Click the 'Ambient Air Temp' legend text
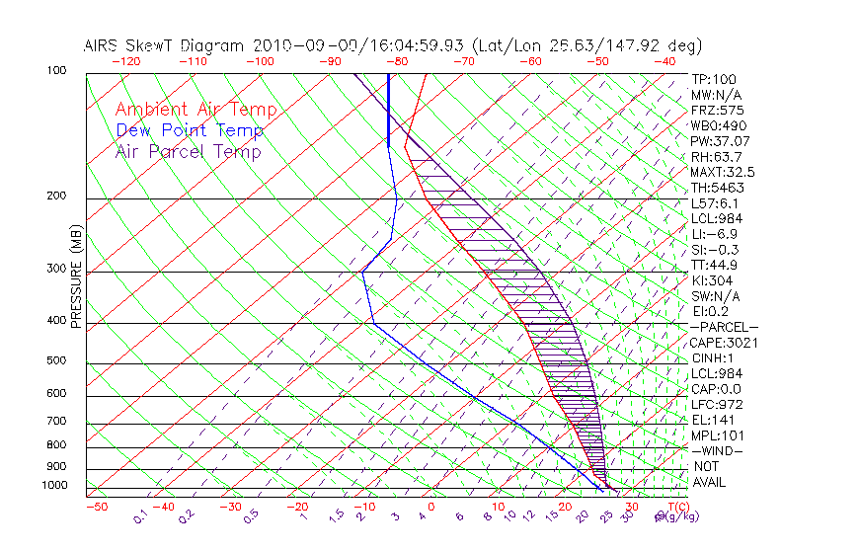point(195,110)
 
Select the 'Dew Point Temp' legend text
point(190,130)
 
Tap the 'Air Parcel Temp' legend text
point(189,151)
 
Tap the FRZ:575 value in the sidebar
point(717,110)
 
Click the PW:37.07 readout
point(720,141)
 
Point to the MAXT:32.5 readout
point(723,172)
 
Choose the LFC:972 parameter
point(717,405)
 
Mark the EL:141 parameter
point(713,420)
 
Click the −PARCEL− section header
point(724,327)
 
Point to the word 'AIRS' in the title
point(102,45)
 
